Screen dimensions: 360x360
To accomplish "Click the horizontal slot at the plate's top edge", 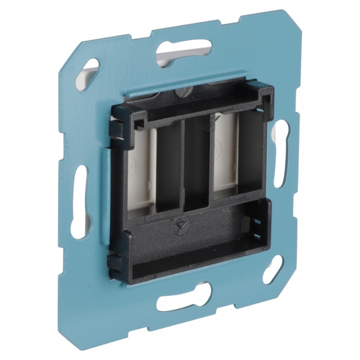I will [184, 50].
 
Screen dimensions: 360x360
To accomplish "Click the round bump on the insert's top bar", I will [182, 92].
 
